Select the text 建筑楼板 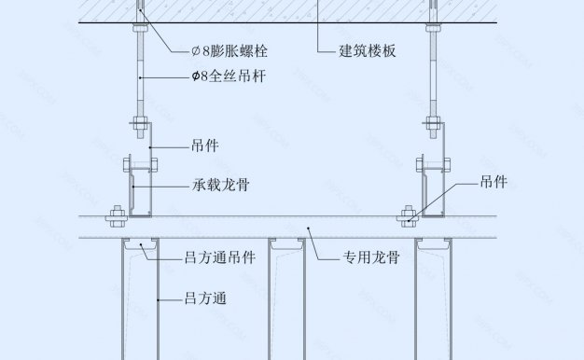click(x=366, y=51)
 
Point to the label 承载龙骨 click(x=220, y=186)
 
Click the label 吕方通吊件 click(x=219, y=256)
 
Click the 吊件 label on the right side click(x=494, y=182)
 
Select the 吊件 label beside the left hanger click(x=204, y=145)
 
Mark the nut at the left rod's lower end click(x=137, y=120)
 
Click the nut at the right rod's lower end click(x=434, y=120)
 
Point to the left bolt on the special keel click(x=117, y=218)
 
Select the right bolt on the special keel click(x=408, y=218)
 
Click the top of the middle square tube click(x=285, y=243)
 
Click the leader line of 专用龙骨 click(x=321, y=245)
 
